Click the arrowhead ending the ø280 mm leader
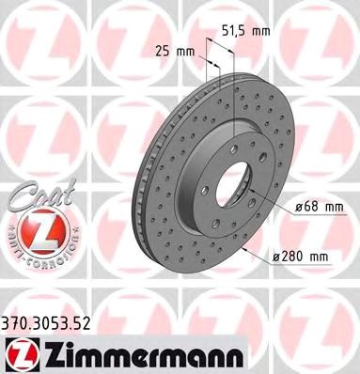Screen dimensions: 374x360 (243, 251)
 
